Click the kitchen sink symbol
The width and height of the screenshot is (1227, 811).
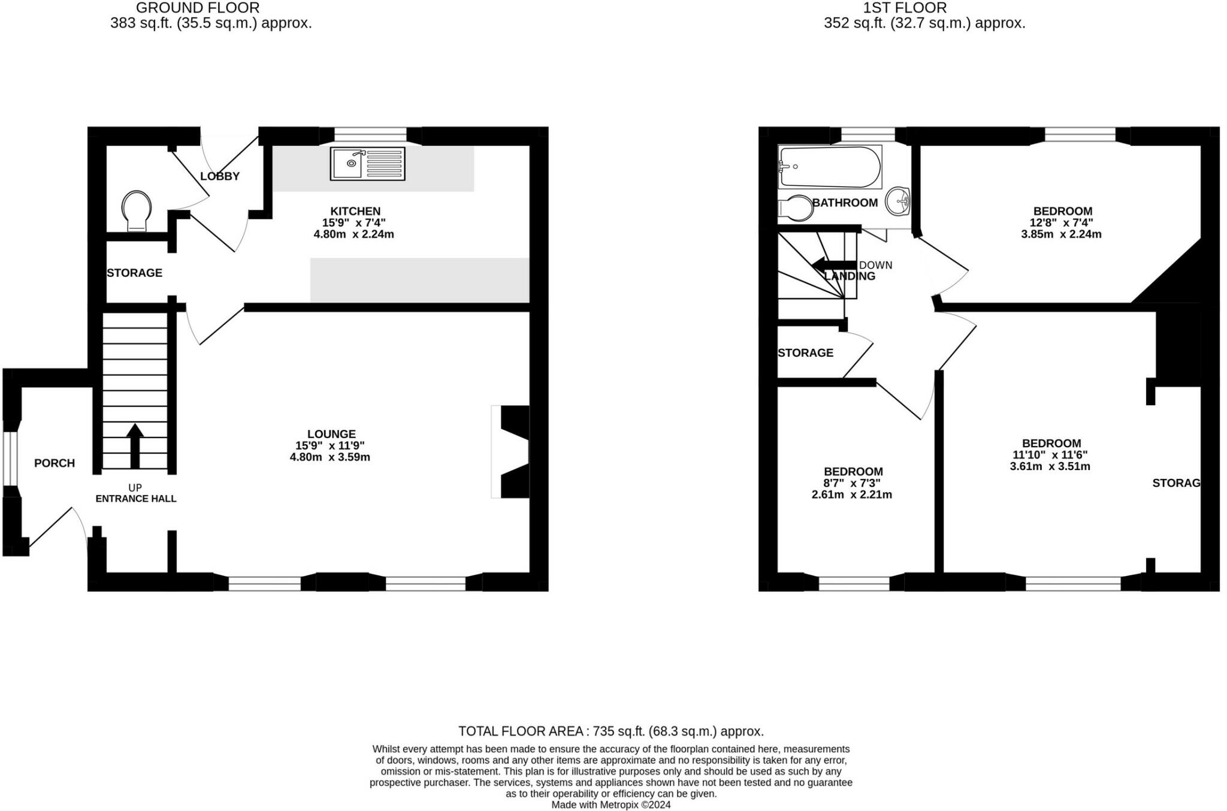point(367,163)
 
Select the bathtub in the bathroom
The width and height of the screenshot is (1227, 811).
point(830,167)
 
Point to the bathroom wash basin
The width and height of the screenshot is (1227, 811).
point(897,201)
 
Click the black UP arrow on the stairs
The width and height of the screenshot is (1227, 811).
point(135,445)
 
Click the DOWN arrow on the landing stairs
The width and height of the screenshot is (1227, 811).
point(833,264)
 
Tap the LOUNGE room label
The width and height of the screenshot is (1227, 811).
point(331,434)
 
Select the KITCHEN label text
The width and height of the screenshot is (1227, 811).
point(355,211)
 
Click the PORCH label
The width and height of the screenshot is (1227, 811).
point(55,463)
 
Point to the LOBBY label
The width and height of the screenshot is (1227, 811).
point(220,176)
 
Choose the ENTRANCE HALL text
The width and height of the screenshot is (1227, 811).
point(136,499)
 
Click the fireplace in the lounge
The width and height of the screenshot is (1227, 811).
point(512,451)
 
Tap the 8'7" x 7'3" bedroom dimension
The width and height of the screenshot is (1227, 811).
point(852,483)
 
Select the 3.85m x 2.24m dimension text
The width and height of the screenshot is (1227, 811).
point(1061,234)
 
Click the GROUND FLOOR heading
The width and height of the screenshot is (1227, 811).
point(198,8)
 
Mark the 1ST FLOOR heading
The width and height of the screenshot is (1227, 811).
point(905,8)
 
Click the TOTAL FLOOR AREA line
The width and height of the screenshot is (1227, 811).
point(611,731)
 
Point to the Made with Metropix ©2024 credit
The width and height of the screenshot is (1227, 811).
point(611,805)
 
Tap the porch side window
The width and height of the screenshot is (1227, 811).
point(8,458)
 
